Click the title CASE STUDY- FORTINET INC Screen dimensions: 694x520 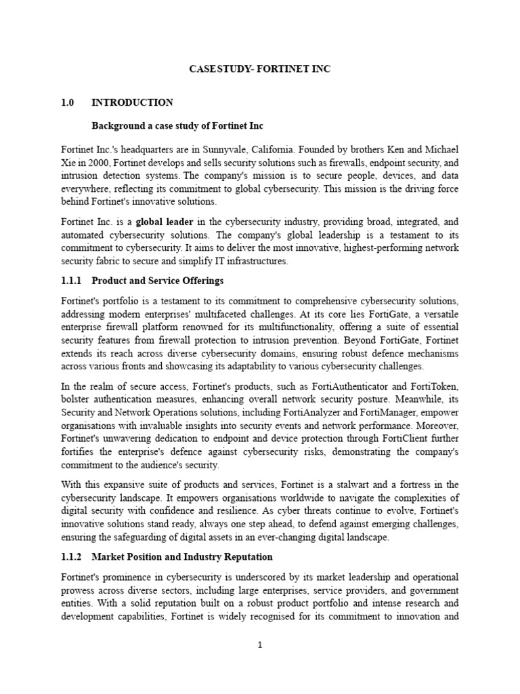pyautogui.click(x=259, y=69)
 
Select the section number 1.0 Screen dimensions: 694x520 pyautogui.click(x=66, y=102)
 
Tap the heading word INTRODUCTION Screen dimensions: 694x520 pyautogui.click(x=132, y=102)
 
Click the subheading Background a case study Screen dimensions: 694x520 pyautogui.click(x=177, y=125)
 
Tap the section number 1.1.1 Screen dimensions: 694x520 pyautogui.click(x=71, y=281)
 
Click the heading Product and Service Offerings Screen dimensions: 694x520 pyautogui.click(x=157, y=281)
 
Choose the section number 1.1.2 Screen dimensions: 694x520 pyautogui.click(x=71, y=556)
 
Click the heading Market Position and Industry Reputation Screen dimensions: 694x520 pyautogui.click(x=182, y=556)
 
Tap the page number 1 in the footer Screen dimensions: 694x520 pyautogui.click(x=259, y=645)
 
